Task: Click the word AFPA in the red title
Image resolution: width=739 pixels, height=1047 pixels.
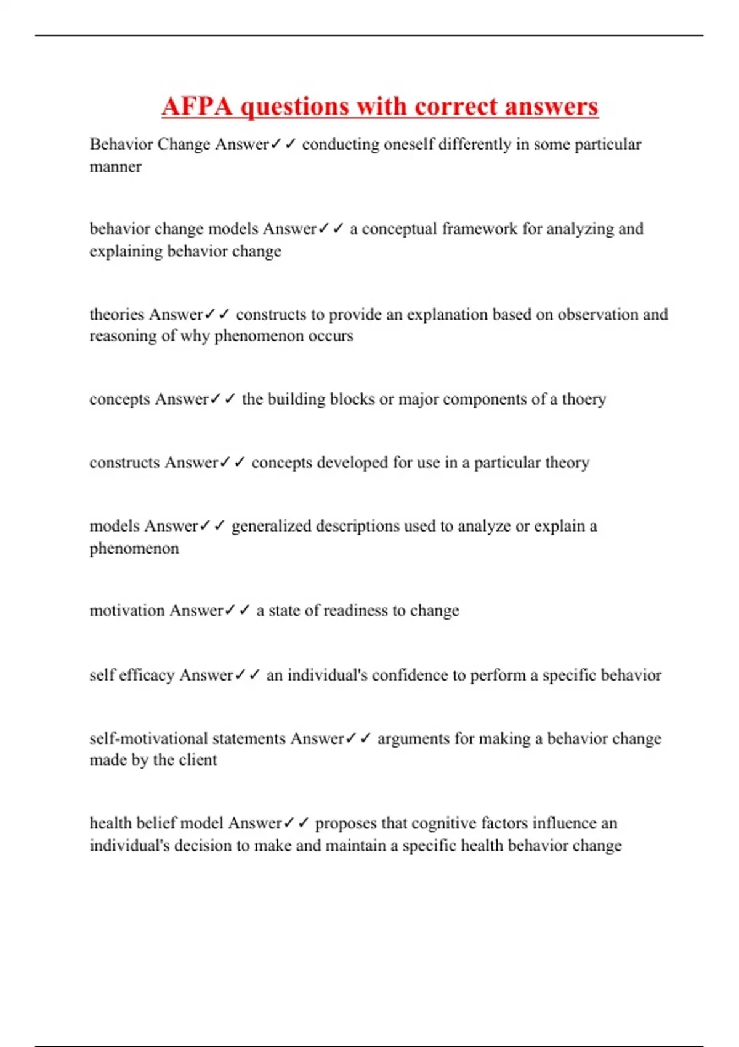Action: tap(197, 107)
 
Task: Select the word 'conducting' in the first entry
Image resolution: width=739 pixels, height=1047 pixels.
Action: tap(341, 144)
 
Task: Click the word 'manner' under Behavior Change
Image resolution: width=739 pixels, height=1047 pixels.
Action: tap(115, 167)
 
